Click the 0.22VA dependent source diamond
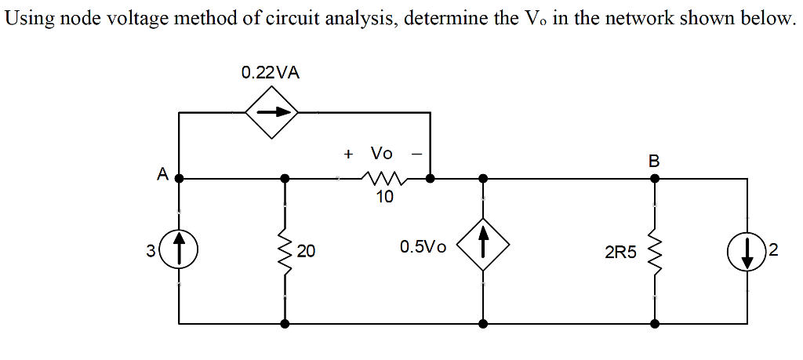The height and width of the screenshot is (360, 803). click(272, 113)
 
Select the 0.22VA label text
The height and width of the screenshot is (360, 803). click(270, 73)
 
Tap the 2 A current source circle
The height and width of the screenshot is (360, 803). click(747, 251)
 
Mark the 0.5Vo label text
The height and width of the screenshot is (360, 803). click(423, 248)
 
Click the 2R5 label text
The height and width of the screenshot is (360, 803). click(620, 252)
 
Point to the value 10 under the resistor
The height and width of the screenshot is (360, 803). click(383, 197)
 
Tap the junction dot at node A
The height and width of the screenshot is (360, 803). click(179, 178)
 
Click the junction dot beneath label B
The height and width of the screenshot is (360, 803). click(654, 178)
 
